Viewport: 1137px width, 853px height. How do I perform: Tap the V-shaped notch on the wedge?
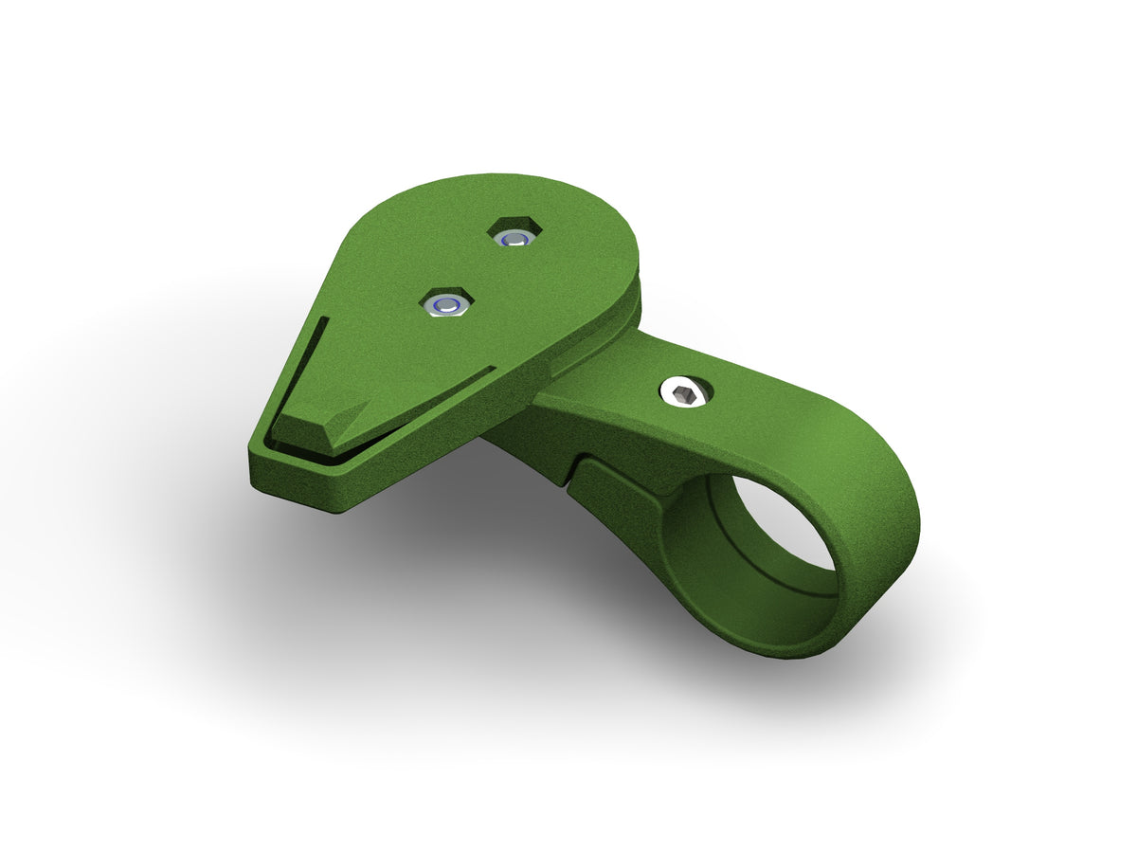[x=354, y=414]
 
